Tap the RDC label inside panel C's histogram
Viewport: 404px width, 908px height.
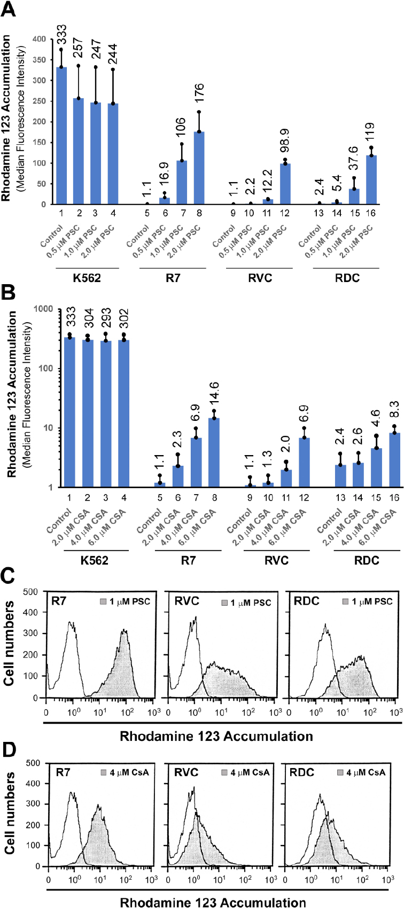point(307,600)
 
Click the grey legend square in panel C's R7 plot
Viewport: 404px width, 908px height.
point(103,601)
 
